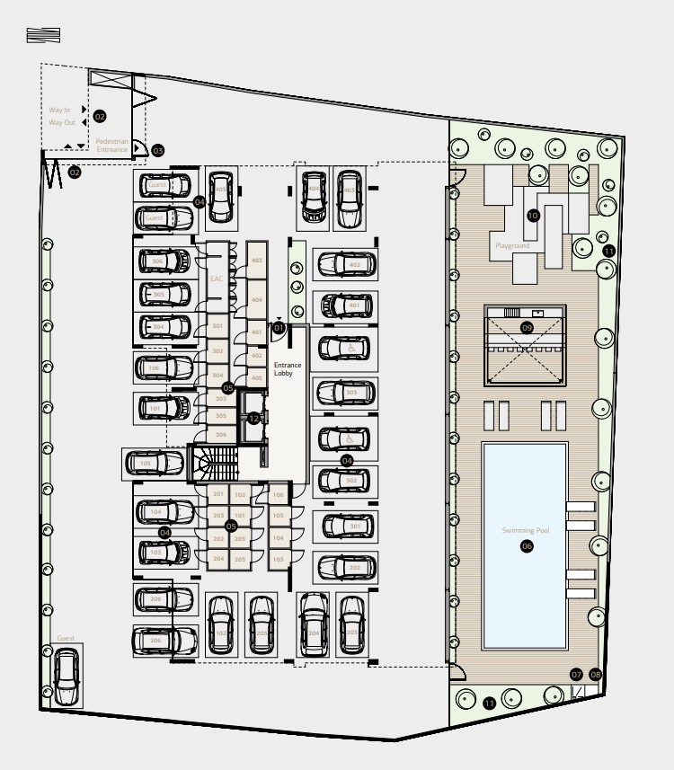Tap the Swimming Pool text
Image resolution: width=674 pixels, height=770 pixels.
tap(525, 531)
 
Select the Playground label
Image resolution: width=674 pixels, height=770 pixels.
tap(511, 245)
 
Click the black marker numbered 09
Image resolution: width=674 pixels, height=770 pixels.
tap(527, 328)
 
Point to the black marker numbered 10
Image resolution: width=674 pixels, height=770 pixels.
tap(532, 216)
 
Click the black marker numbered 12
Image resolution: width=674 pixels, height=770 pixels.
tap(253, 418)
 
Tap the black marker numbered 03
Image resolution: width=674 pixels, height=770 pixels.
tap(158, 151)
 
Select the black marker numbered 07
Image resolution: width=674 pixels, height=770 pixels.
tap(576, 674)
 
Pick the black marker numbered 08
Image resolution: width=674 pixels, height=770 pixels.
tap(595, 674)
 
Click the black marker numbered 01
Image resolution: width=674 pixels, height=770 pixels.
tap(279, 329)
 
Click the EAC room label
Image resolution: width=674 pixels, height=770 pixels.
tap(216, 279)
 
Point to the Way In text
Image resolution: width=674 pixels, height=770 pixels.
tap(59, 110)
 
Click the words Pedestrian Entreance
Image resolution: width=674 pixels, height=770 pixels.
tap(112, 146)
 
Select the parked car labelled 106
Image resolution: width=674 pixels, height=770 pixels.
tap(164, 368)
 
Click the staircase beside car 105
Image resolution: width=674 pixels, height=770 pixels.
tap(216, 465)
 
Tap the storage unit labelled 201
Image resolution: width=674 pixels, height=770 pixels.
tap(217, 495)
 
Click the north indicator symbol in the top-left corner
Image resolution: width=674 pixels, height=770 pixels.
tap(44, 35)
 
